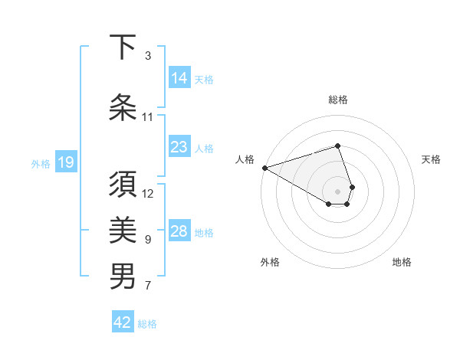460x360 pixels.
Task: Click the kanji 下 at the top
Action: point(123,47)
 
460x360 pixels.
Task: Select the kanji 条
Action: point(123,108)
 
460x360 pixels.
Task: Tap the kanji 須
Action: point(123,185)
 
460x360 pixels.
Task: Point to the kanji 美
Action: point(123,230)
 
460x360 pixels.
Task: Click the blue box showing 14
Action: point(179,78)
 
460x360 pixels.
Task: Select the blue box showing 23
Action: point(179,147)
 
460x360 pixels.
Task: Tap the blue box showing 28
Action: point(179,231)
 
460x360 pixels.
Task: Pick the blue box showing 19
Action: point(66,162)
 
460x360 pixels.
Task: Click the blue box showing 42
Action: point(123,322)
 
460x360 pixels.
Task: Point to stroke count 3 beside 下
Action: point(148,56)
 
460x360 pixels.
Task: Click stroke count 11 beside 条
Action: point(148,117)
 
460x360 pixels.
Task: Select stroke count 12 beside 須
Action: point(148,194)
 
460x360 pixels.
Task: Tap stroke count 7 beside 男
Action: point(148,286)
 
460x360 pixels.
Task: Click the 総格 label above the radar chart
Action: point(338,100)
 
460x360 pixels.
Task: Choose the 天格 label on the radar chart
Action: point(431,159)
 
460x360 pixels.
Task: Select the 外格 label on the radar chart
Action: point(270,262)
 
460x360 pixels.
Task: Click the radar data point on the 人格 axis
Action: point(264,168)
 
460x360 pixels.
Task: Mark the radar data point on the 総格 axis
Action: point(338,146)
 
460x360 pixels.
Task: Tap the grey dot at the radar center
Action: point(338,191)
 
